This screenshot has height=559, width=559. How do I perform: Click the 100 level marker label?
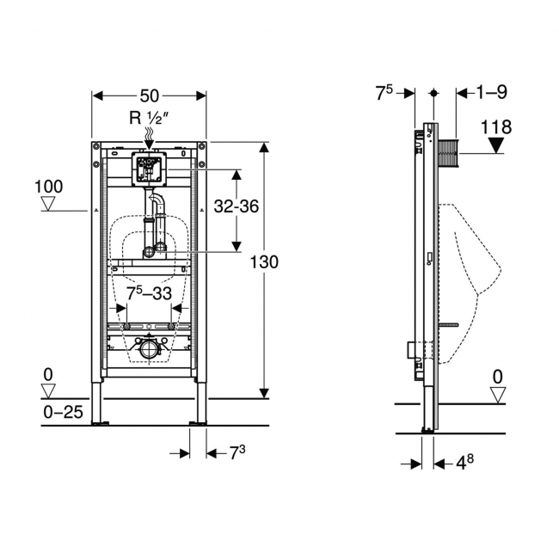(x=49, y=186)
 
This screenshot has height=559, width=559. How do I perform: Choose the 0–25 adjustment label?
(x=63, y=412)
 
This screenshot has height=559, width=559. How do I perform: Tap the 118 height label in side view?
(x=496, y=127)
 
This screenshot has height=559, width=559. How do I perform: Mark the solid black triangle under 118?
(x=496, y=145)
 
